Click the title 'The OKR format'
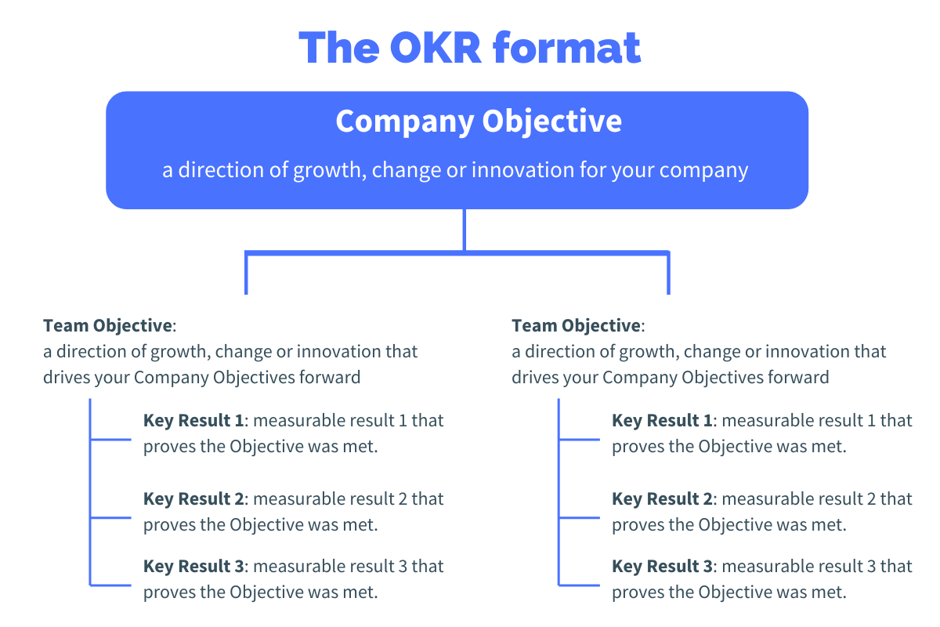[x=470, y=47]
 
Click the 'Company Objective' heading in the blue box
[x=479, y=121]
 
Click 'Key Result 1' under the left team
[x=193, y=421]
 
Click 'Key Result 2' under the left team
[x=193, y=499]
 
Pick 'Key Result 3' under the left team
[x=193, y=567]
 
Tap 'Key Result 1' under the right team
[x=662, y=421]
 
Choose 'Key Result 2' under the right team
[x=662, y=499]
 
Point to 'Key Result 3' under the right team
[x=662, y=567]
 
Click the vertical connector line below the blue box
[x=465, y=229]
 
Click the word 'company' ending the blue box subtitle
[x=708, y=170]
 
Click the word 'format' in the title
[x=566, y=47]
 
